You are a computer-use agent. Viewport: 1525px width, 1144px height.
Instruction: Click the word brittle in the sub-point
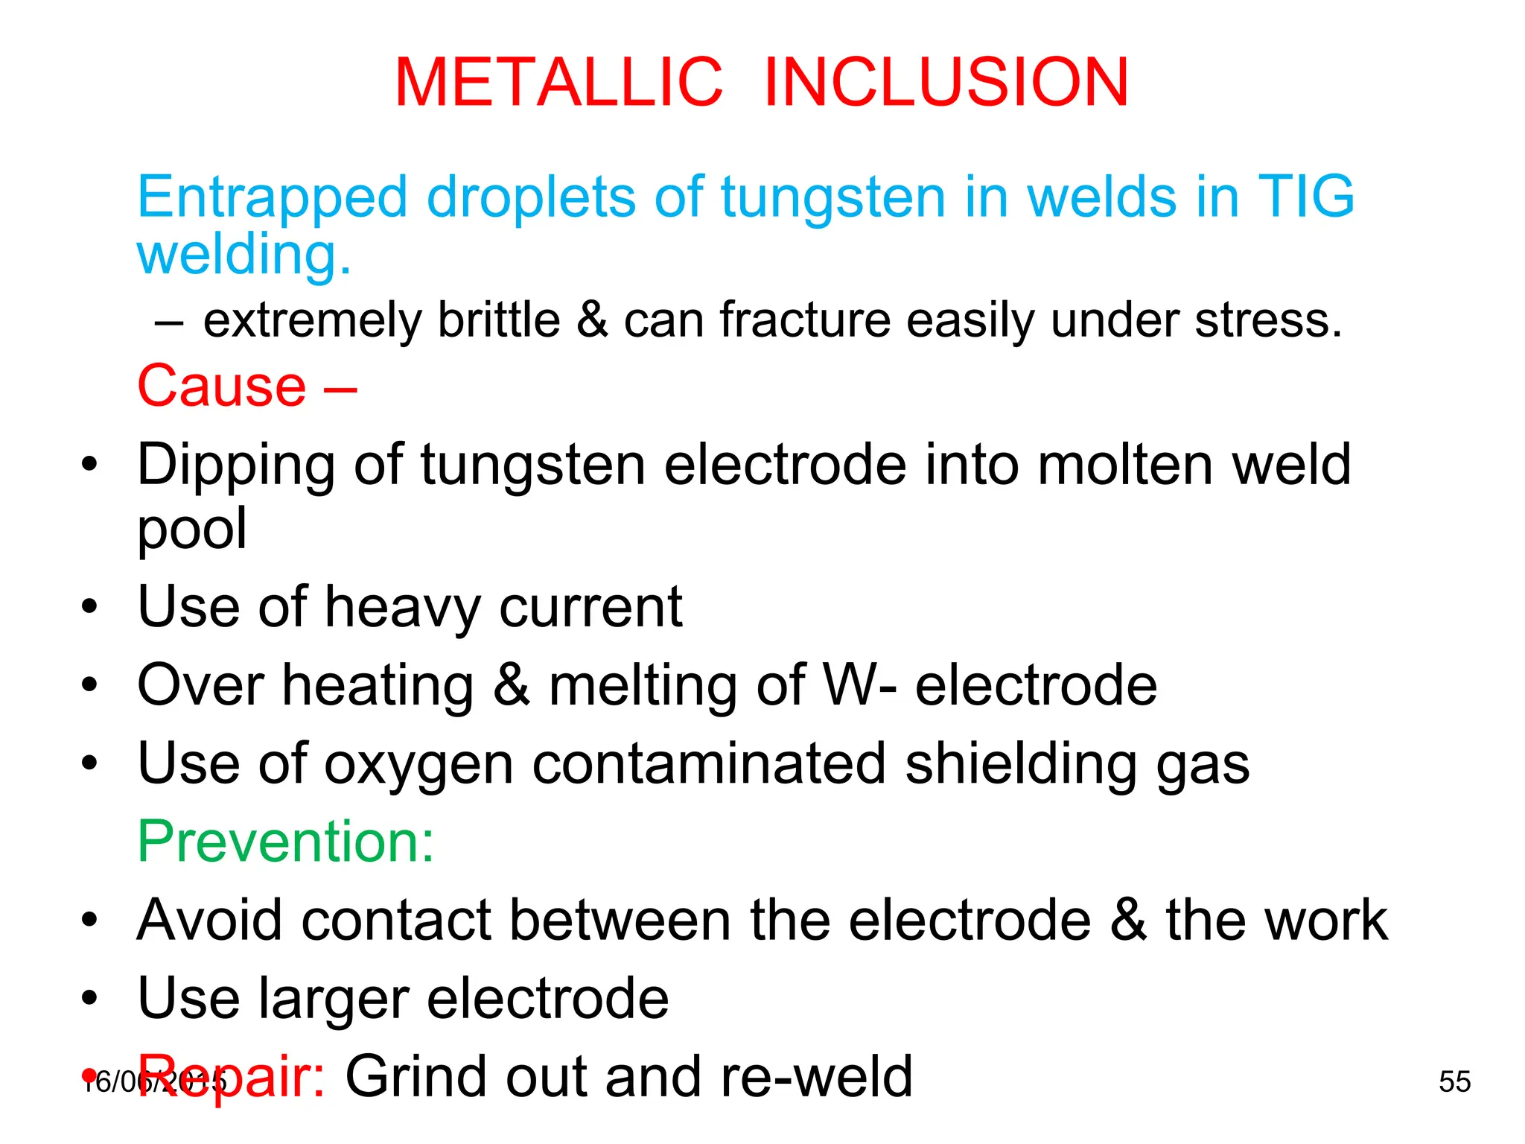[x=499, y=320]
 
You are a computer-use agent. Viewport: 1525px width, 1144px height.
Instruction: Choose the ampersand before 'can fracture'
[x=592, y=320]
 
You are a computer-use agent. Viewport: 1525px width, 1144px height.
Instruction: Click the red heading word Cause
[x=222, y=386]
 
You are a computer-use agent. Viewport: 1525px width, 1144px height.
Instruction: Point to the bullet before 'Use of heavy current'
[x=89, y=606]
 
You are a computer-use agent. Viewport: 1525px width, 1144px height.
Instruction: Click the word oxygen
[x=419, y=765]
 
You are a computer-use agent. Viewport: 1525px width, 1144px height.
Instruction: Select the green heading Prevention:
[x=286, y=842]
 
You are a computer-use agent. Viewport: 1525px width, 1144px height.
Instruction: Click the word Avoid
[x=210, y=920]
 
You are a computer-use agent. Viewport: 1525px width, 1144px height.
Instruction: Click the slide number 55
[x=1454, y=1081]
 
